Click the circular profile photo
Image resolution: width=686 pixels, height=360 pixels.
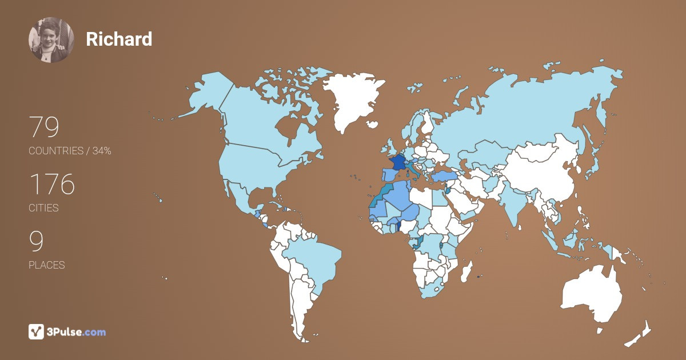[51, 39]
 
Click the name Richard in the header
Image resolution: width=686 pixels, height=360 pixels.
[119, 39]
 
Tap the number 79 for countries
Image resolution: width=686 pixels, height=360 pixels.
[44, 127]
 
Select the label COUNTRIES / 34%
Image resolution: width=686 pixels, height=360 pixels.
[70, 151]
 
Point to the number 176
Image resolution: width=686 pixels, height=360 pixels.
[52, 185]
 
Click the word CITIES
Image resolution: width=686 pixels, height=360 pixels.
[43, 208]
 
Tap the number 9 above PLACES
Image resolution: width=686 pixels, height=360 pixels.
[36, 242]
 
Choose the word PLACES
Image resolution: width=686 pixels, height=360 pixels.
[46, 265]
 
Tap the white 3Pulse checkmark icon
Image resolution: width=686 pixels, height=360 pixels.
[37, 331]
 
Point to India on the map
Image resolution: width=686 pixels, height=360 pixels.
[516, 206]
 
